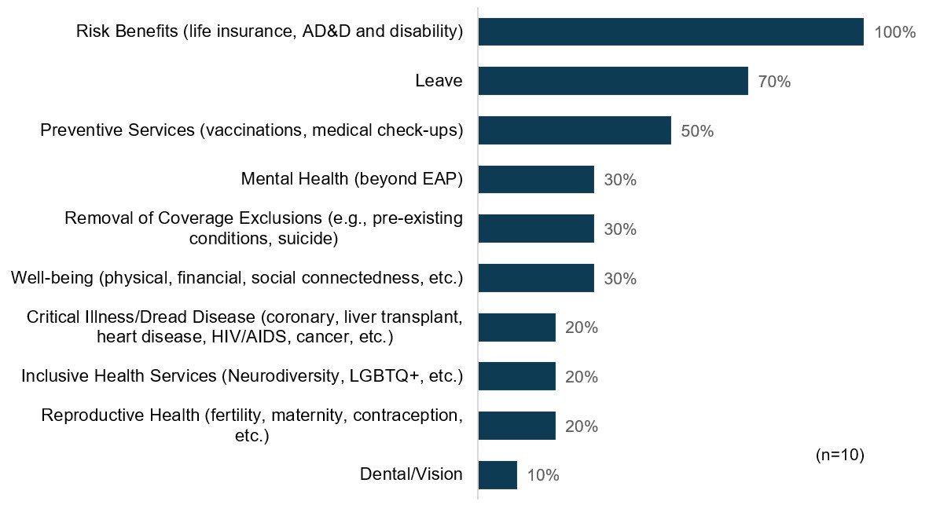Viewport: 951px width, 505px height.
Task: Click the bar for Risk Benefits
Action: (670, 32)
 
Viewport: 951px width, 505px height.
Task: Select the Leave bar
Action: (613, 81)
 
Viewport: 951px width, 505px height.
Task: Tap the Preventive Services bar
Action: (575, 130)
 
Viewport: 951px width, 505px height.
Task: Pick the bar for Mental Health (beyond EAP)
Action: (536, 180)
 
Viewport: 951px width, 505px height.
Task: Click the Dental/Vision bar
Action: (498, 474)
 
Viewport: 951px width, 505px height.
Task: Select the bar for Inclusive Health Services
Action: (516, 376)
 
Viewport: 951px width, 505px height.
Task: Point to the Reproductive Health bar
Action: (516, 426)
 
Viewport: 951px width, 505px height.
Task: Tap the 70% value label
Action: (774, 82)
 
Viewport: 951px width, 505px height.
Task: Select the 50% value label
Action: (697, 131)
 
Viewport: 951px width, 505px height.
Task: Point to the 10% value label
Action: (543, 475)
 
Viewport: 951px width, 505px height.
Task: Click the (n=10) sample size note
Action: (840, 456)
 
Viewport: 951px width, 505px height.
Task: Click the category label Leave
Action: (439, 81)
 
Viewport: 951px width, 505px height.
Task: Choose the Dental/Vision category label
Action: (411, 474)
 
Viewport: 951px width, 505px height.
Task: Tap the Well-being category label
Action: (237, 278)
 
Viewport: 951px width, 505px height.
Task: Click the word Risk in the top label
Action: (94, 32)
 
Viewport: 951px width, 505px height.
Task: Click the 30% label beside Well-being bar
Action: (620, 279)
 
